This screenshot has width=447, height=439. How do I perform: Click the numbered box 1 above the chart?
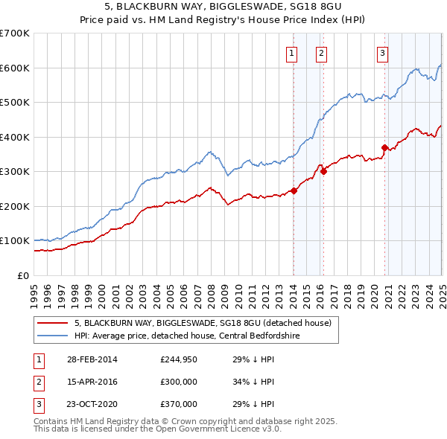point(291,52)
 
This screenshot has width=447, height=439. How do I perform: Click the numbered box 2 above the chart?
point(320,52)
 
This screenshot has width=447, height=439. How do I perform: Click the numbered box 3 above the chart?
point(381,52)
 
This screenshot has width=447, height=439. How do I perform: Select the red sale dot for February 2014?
point(294,190)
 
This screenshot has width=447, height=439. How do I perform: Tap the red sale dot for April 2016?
point(323,171)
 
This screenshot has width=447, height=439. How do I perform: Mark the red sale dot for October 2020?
point(384,147)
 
